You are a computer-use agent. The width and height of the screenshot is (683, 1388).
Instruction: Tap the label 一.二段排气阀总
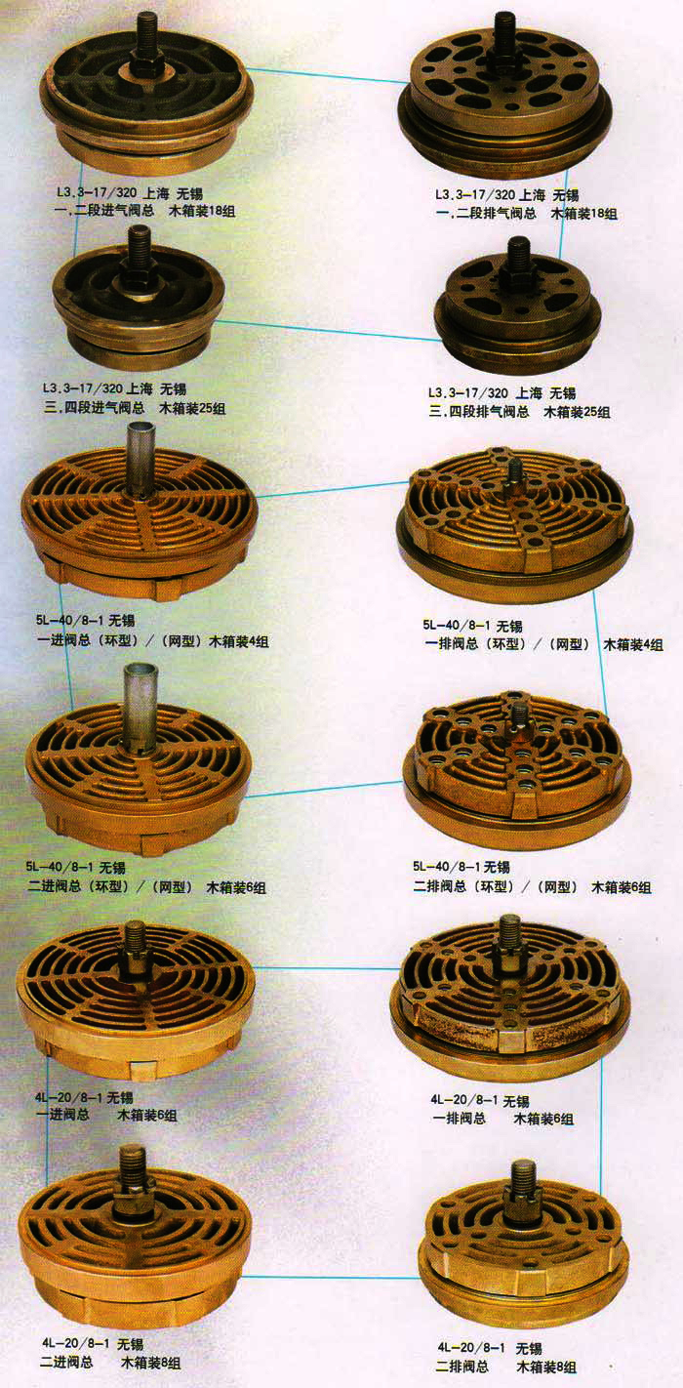[486, 214]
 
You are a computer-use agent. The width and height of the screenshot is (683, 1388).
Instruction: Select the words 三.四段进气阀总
[94, 408]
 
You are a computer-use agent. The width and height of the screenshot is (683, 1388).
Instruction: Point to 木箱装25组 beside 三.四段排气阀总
[576, 412]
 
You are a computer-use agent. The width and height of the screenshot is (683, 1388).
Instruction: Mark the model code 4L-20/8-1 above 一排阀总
[464, 1100]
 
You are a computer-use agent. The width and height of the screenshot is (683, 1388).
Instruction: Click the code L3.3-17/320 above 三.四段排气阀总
[468, 392]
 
